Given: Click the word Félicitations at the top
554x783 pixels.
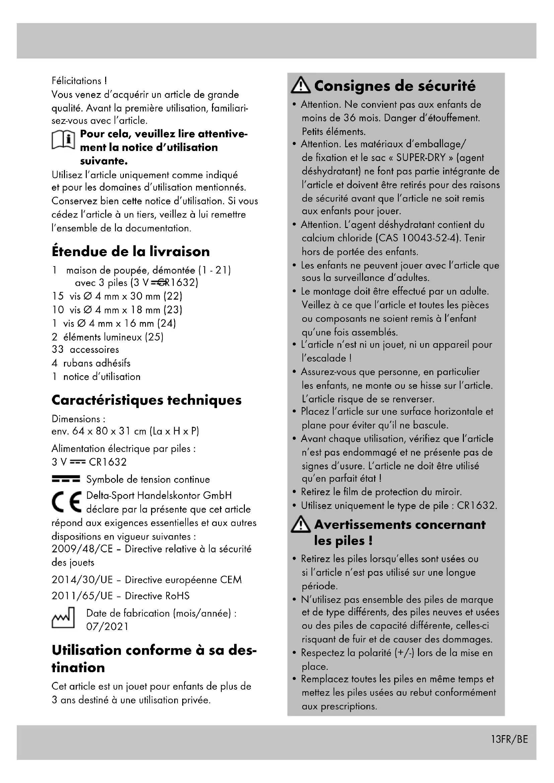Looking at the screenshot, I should tap(76, 81).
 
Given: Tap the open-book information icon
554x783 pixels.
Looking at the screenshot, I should tap(63, 140).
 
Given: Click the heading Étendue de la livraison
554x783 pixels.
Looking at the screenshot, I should tap(131, 252).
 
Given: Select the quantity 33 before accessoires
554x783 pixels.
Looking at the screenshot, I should tap(58, 349).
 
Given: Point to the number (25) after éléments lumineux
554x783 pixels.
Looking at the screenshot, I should tap(154, 337).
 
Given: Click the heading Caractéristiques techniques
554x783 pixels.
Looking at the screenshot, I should tap(146, 400).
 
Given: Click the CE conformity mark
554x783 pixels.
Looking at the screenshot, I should tap(67, 502).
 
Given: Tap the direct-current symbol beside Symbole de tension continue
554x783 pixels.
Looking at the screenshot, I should tap(66, 479).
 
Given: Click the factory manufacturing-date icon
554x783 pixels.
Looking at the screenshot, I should tap(63, 618).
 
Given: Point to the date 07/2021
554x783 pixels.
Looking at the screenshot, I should tap(107, 627).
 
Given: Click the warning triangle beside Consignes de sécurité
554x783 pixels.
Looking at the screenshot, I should tap(300, 85).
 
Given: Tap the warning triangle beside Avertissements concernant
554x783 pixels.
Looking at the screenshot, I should tap(300, 525).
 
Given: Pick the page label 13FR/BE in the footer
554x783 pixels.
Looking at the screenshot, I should tap(509, 739).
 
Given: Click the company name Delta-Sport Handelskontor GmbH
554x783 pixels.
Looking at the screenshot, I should tap(159, 495).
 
